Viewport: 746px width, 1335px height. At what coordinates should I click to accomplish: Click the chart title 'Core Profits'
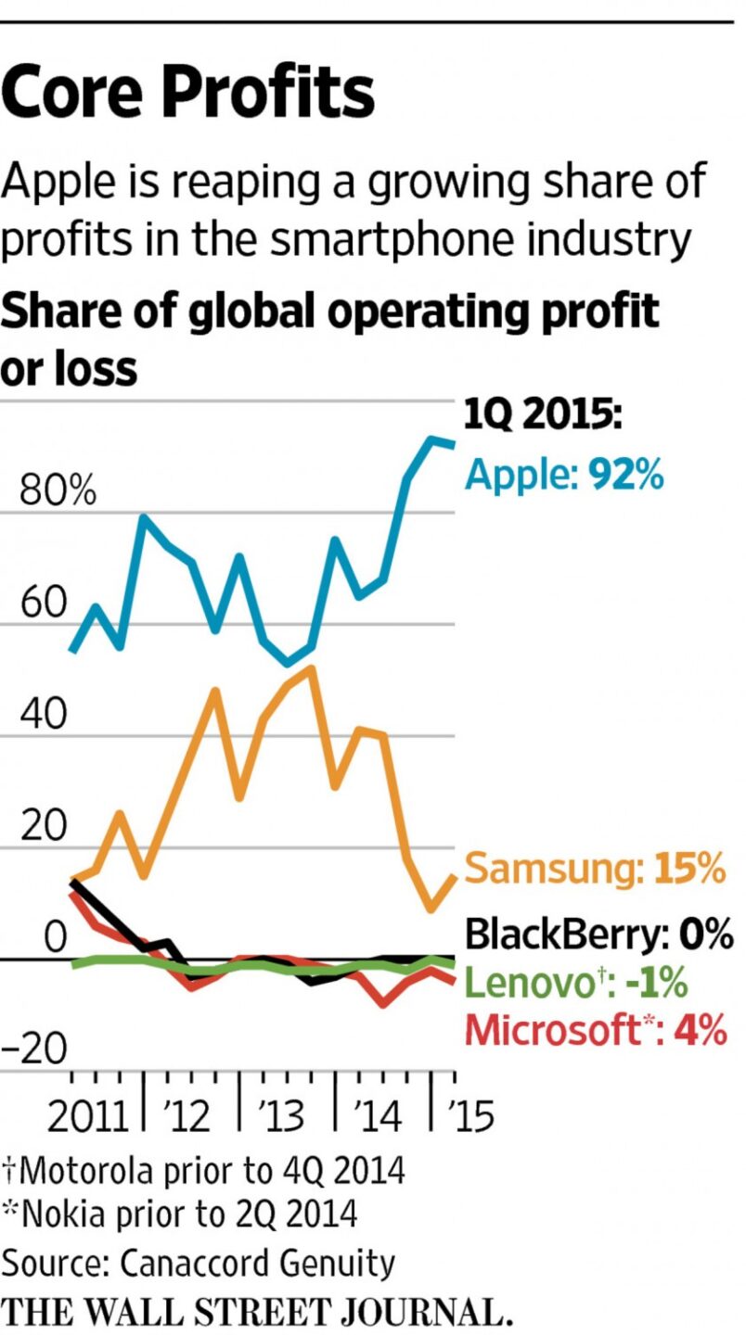[188, 93]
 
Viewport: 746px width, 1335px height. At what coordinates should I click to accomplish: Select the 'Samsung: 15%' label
[593, 869]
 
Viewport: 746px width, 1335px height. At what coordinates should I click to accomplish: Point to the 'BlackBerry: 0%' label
[598, 934]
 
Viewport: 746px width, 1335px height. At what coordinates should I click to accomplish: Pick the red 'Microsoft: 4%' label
[595, 1030]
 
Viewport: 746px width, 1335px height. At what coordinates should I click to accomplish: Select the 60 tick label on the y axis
[44, 604]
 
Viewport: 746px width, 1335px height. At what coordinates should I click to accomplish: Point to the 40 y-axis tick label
[44, 716]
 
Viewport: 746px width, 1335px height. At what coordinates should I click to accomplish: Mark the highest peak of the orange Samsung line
[311, 668]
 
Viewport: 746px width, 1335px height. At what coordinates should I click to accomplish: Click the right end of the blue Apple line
[453, 444]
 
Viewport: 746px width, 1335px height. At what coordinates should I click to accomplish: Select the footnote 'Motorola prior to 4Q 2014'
[204, 1171]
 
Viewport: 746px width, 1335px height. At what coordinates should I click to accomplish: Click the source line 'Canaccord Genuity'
[199, 1263]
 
